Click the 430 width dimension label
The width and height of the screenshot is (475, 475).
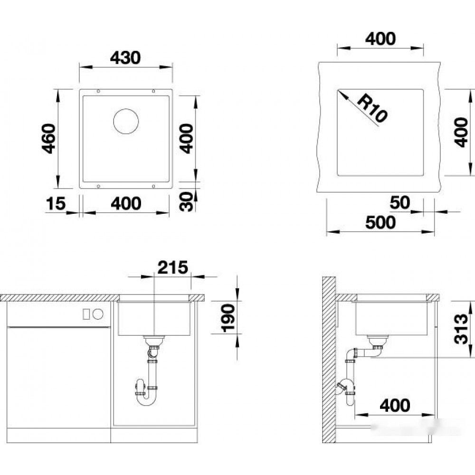click(125, 57)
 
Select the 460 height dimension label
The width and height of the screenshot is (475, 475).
click(49, 138)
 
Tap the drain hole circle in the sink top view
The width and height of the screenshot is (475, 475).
click(126, 121)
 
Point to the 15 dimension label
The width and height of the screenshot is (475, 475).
click(56, 203)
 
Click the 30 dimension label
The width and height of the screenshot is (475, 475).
click(186, 201)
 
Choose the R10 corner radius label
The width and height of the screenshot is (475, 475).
click(372, 108)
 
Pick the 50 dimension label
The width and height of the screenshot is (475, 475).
click(400, 202)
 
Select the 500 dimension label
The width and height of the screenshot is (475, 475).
click(380, 222)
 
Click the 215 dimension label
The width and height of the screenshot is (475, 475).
click(173, 267)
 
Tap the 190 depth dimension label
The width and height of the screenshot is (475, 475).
click(228, 318)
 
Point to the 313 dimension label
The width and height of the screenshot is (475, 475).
click(461, 329)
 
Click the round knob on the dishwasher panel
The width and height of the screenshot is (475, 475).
click(98, 314)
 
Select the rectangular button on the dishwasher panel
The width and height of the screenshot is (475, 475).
click(86, 314)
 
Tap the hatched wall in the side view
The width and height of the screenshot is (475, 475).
click(329, 360)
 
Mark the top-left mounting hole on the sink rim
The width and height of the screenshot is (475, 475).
click(98, 91)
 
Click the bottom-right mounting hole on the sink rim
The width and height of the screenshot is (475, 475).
click(153, 186)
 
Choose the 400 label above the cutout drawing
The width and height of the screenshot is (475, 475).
click(380, 39)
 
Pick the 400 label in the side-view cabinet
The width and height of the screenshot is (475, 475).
click(395, 405)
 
